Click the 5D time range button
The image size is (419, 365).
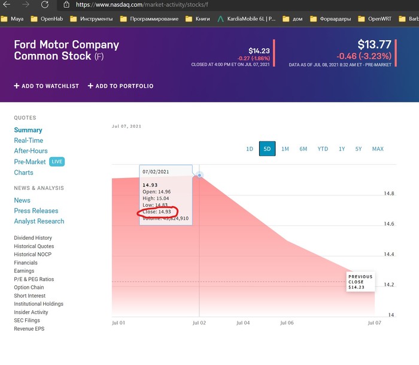[267, 149]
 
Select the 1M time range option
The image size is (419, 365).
[285, 149]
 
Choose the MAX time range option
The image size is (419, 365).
[378, 149]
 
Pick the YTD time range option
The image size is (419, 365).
[323, 149]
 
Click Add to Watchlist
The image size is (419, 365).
[47, 86]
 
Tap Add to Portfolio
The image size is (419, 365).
[120, 86]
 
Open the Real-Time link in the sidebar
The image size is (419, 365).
[29, 140]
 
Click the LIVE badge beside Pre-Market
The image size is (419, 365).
[56, 162]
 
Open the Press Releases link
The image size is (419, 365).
[36, 211]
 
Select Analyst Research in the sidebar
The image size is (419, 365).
[39, 221]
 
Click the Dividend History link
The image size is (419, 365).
[33, 238]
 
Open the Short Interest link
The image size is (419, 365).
[31, 295]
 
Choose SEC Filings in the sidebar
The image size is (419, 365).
[28, 321]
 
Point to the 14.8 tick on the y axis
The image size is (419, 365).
[389, 194]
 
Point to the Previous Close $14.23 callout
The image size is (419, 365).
[360, 282]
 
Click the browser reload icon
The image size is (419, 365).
[44, 5]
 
